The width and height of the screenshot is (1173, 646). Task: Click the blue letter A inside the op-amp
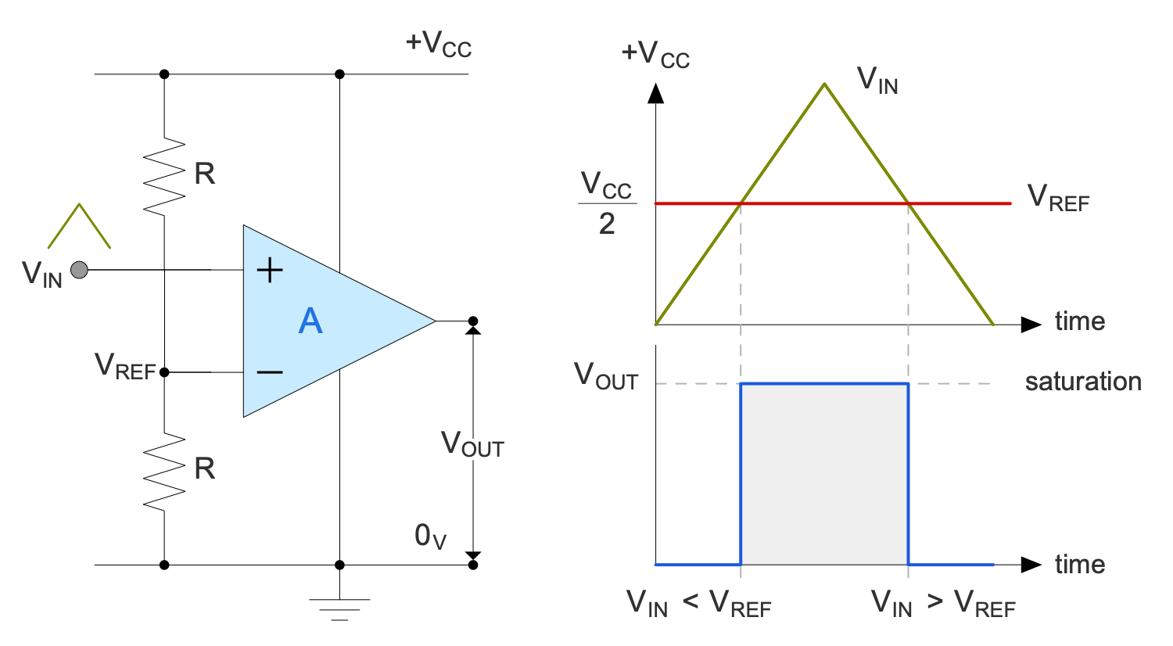(310, 321)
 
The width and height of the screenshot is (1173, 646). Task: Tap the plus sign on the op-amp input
(270, 271)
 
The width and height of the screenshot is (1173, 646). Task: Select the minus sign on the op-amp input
(270, 372)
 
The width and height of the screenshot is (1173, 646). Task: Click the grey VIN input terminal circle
(79, 270)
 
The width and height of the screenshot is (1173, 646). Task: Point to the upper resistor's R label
(205, 174)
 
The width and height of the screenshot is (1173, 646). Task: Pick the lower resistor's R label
(205, 468)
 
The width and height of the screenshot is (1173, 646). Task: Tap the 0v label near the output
(430, 537)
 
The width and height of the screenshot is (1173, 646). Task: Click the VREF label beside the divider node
(125, 367)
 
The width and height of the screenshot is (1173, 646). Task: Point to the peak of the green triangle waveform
(824, 84)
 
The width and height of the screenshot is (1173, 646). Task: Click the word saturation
(1083, 382)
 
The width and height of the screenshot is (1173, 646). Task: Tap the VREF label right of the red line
(1057, 198)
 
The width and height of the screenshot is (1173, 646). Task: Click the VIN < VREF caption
(698, 604)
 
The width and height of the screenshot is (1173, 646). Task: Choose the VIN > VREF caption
(943, 604)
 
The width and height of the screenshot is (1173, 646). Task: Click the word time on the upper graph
(1079, 321)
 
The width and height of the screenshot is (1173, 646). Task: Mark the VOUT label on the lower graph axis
(606, 376)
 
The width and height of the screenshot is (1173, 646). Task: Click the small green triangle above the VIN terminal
(79, 225)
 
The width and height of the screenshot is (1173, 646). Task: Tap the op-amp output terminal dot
(472, 321)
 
